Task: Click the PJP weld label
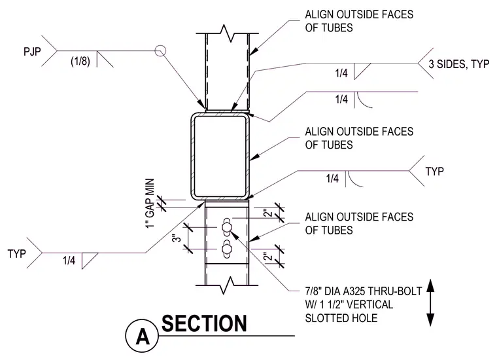(32, 52)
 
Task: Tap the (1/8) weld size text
(80, 61)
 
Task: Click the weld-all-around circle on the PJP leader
(160, 51)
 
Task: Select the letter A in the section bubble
(143, 337)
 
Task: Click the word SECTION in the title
(204, 323)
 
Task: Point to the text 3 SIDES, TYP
(458, 64)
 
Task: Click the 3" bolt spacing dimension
(177, 238)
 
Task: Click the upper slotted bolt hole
(227, 227)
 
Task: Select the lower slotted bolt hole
(227, 249)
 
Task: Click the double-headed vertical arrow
(430, 302)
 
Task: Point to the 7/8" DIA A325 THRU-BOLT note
(363, 291)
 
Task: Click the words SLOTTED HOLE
(341, 318)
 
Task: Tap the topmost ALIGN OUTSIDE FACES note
(359, 21)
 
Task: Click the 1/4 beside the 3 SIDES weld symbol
(341, 73)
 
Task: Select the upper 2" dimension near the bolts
(268, 213)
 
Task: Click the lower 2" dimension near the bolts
(268, 256)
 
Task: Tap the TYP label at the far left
(17, 254)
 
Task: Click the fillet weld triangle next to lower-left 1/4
(89, 261)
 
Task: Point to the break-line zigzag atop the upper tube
(228, 33)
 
